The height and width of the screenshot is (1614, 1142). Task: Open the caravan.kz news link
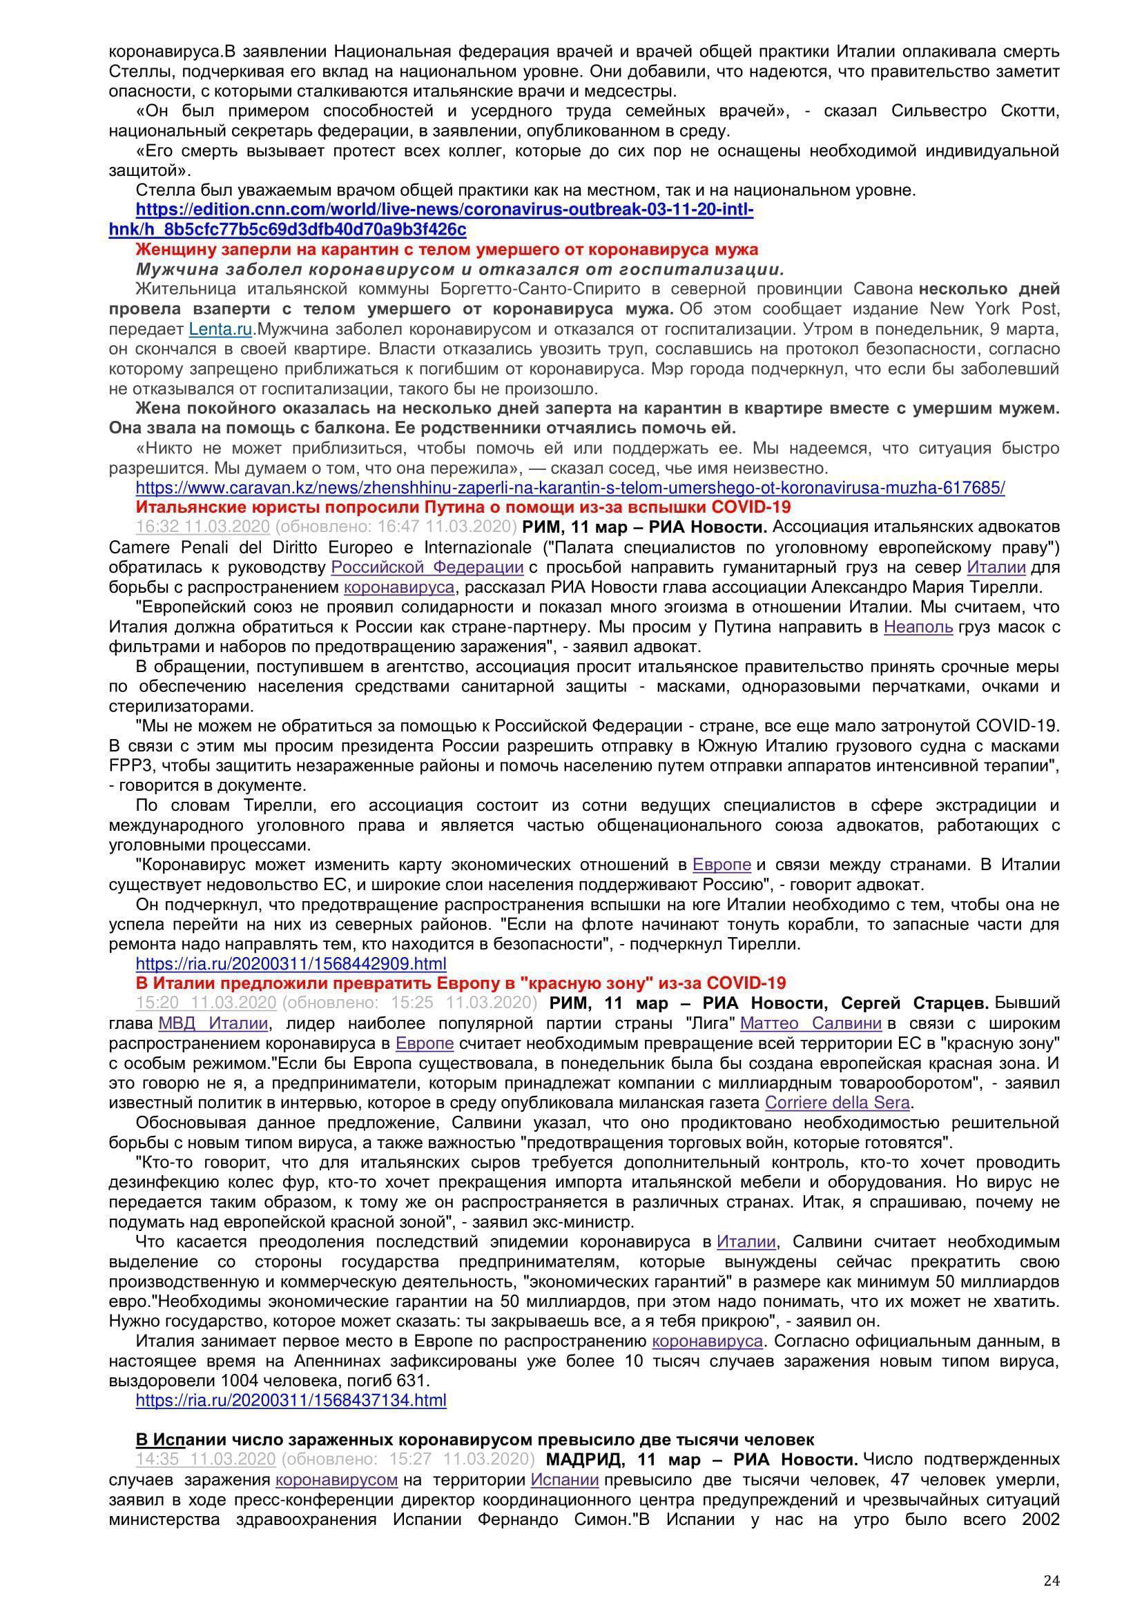(570, 488)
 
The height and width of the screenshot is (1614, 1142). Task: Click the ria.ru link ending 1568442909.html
(291, 964)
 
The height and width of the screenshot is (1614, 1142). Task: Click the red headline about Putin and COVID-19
(463, 508)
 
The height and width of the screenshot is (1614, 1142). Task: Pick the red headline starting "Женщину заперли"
(447, 250)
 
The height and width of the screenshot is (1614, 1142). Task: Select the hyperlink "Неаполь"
(918, 627)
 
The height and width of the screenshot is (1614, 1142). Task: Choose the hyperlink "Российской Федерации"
(427, 567)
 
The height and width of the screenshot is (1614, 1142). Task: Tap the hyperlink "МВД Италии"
(213, 1023)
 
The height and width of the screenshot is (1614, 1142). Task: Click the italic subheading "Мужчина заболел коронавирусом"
(460, 270)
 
